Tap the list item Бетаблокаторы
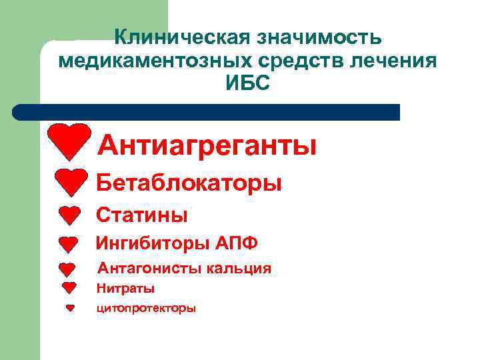pos(189,182)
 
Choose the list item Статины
pos(142,215)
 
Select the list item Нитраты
pos(125,289)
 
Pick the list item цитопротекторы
pos(146,309)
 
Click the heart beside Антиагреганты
pos(69,141)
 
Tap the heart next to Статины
pos(69,215)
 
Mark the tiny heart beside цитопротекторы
pos(69,308)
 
